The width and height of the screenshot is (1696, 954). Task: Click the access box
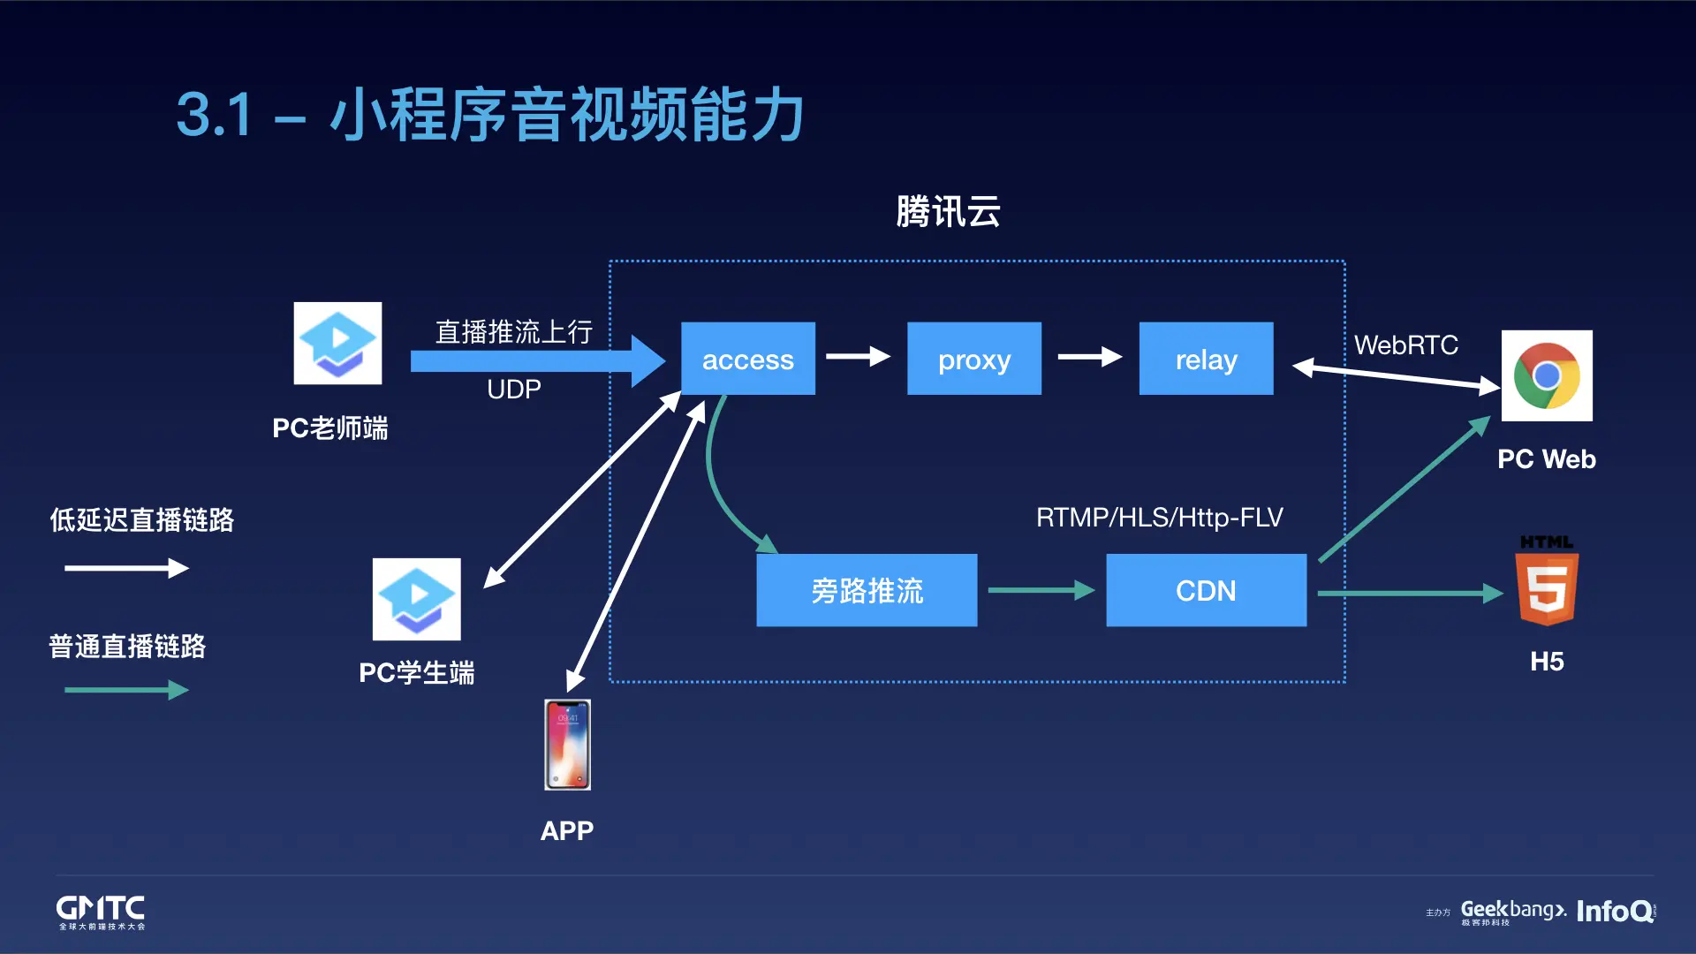[x=747, y=359]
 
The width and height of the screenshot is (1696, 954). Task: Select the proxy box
[x=973, y=359]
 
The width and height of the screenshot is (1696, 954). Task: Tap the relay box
[x=1206, y=359]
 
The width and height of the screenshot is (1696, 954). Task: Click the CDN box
[x=1206, y=590]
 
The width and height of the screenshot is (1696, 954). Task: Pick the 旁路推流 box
[x=867, y=590]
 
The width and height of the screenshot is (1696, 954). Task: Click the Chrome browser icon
[x=1547, y=375]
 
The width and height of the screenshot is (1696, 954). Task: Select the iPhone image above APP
[x=567, y=745]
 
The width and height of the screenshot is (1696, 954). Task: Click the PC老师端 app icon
[x=337, y=344]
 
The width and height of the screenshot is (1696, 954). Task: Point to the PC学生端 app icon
[x=416, y=599]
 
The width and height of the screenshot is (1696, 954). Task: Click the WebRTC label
[x=1406, y=345]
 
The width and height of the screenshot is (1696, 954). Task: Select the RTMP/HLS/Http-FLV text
[x=1159, y=518]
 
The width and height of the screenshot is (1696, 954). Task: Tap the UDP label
[x=513, y=390]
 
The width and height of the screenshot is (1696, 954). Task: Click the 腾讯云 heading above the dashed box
[x=948, y=212]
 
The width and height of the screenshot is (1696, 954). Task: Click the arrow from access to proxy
[x=858, y=357]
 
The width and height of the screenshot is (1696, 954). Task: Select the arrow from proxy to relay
[x=1089, y=357]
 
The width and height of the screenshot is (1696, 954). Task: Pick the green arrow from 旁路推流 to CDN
[x=1041, y=590]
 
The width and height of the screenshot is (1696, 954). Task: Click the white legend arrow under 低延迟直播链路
[x=126, y=568]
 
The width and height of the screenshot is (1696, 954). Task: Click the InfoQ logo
[x=1615, y=911]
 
